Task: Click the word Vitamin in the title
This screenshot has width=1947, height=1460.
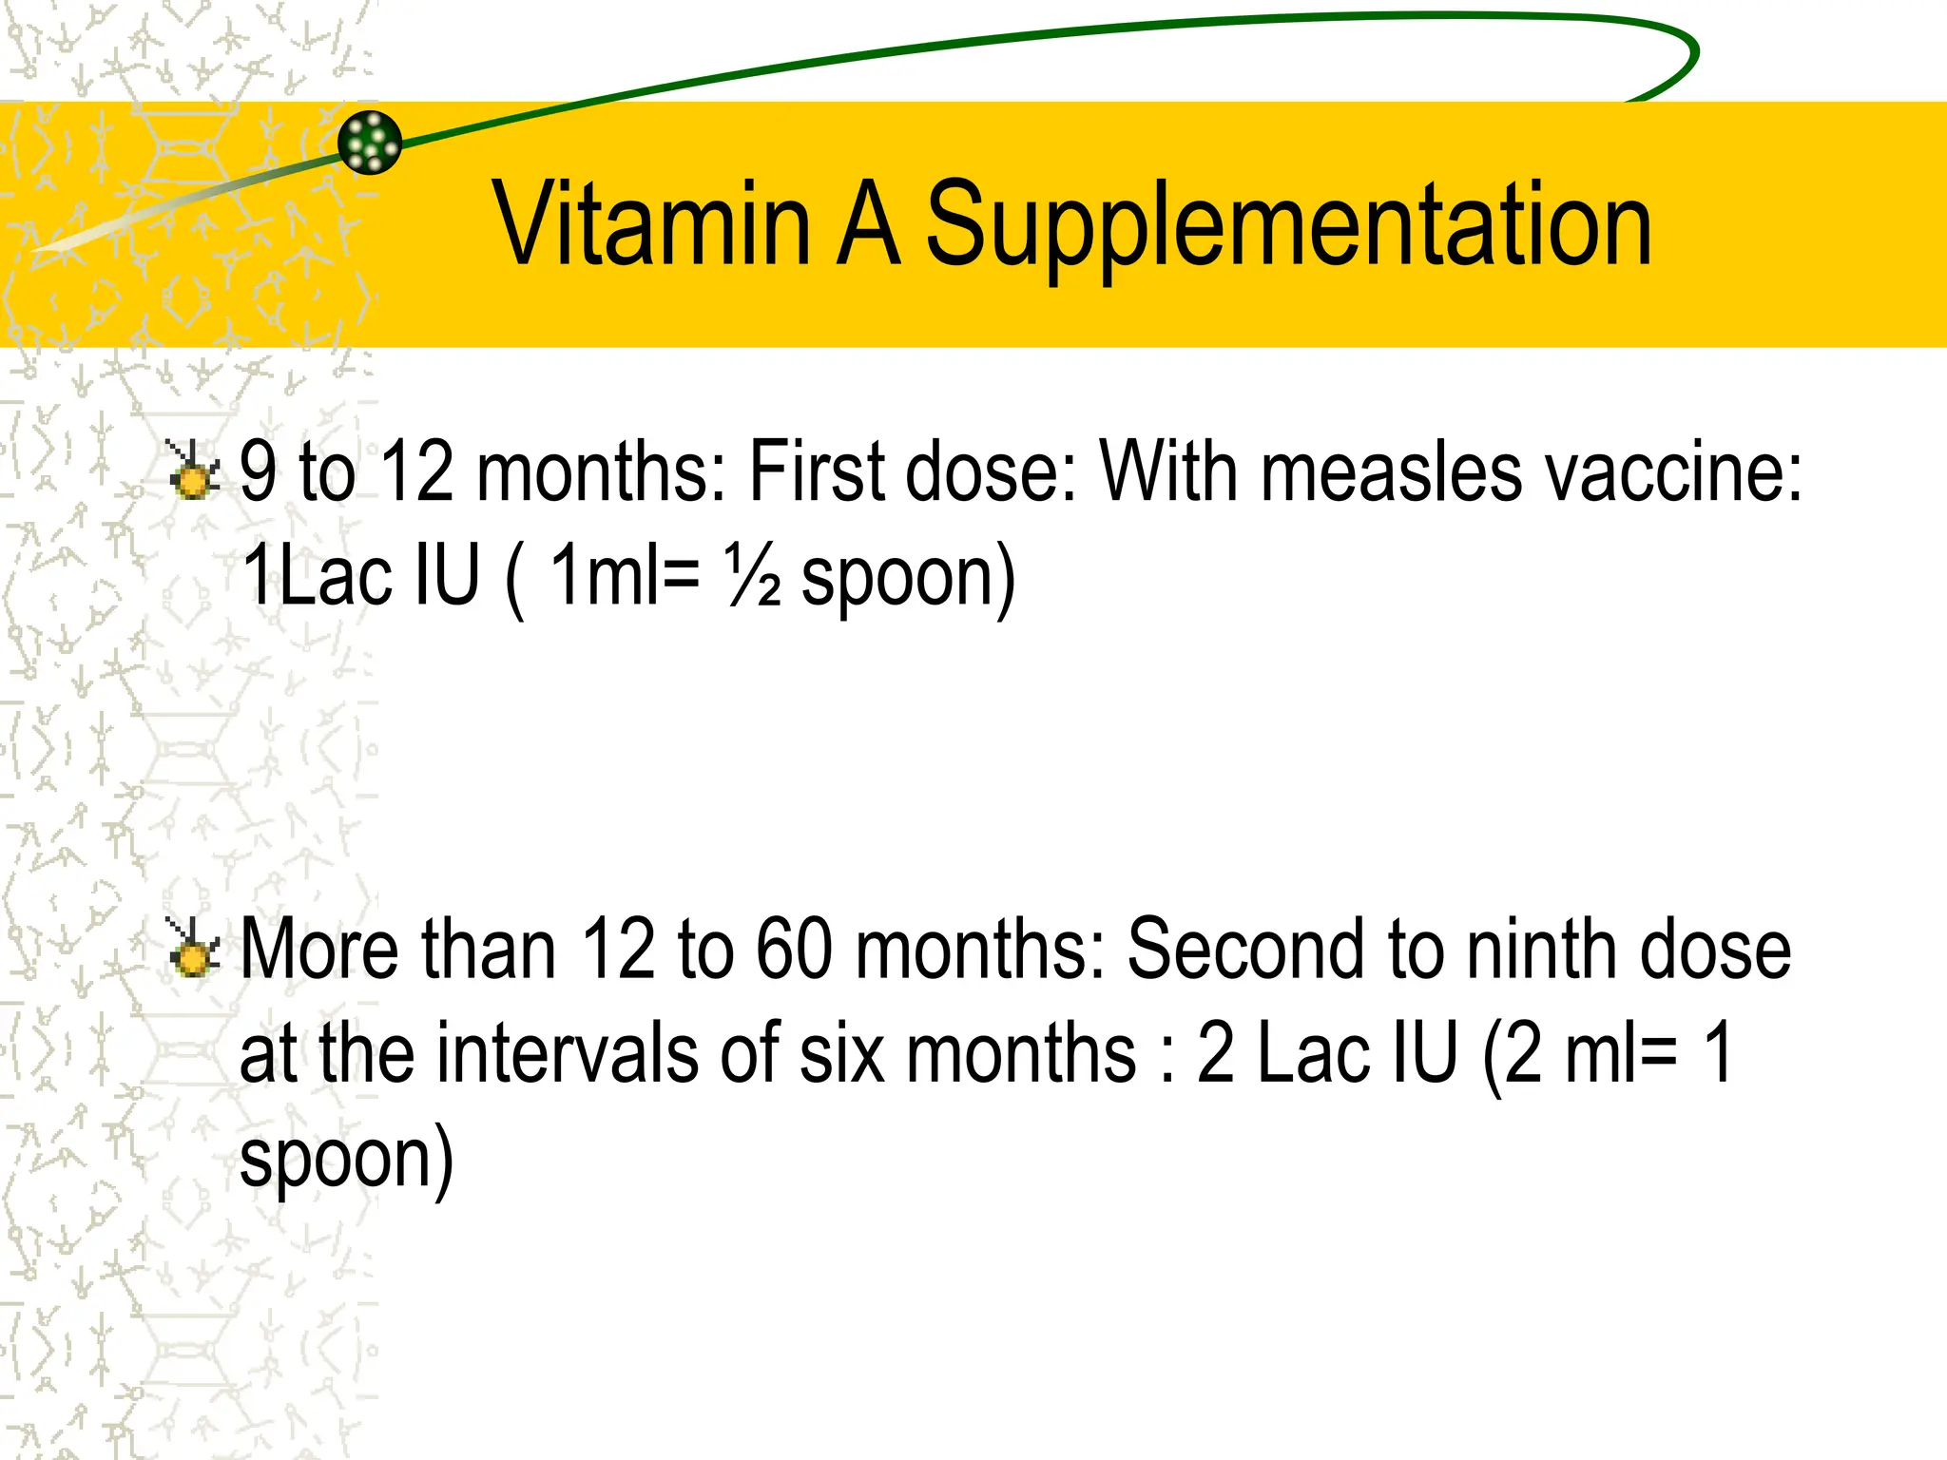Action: pyautogui.click(x=651, y=224)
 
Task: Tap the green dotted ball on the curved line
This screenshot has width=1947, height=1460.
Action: pyautogui.click(x=370, y=143)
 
